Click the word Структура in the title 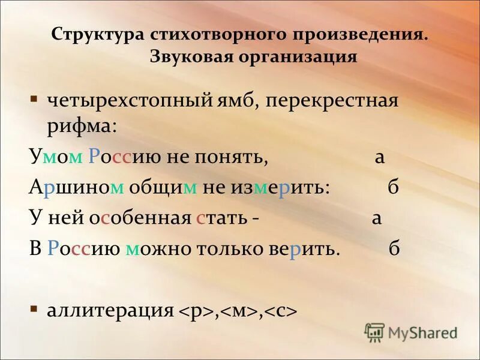(96, 34)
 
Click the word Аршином (77, 187)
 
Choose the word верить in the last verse (316, 250)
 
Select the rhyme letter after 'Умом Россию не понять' (379, 157)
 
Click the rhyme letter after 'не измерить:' (394, 187)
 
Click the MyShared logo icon (374, 331)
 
